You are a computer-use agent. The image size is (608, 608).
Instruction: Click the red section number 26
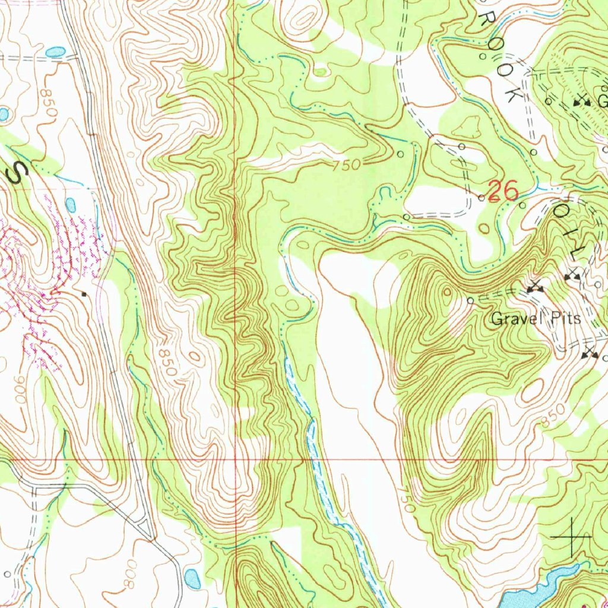point(503,191)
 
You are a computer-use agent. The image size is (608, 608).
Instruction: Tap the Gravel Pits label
point(535,319)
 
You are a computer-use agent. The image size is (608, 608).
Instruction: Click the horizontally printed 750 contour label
point(346,166)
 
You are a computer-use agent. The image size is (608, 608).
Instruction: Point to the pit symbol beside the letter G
point(582,102)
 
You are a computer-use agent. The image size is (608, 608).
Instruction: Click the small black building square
point(84,293)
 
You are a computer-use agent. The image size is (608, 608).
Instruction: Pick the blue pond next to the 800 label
point(193,576)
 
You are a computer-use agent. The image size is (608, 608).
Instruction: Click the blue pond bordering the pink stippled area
point(71,205)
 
